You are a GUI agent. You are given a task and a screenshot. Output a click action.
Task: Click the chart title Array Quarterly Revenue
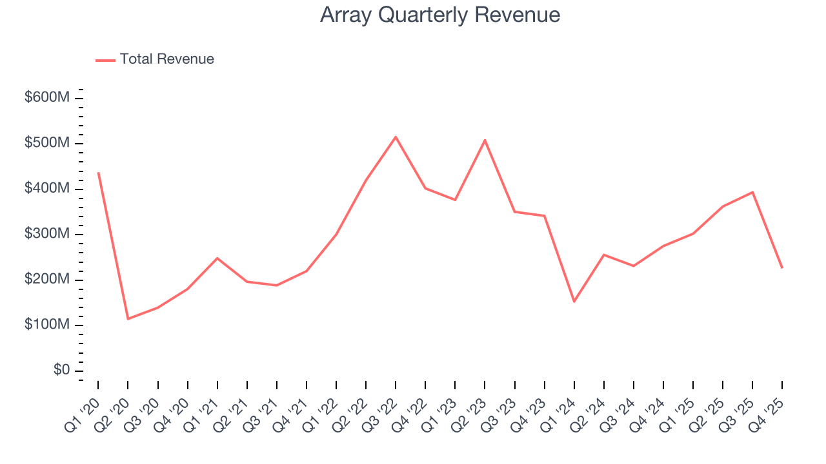440,15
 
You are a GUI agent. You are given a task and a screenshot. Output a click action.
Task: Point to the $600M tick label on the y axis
47,98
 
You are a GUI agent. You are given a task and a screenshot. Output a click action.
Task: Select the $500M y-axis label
47,143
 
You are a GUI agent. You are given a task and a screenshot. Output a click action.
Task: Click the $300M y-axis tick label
47,234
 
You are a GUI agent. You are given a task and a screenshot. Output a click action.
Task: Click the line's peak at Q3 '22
396,137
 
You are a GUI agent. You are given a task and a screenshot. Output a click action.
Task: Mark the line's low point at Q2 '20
128,319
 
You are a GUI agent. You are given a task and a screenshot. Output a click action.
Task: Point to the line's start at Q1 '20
98,173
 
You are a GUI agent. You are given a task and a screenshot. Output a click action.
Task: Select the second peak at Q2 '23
485,140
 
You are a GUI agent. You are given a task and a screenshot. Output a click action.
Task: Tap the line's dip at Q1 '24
574,302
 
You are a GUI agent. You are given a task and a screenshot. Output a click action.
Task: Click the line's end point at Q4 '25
782,267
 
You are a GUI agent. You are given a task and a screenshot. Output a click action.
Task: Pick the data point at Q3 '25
752,192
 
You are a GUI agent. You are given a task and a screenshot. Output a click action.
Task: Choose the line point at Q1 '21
217,258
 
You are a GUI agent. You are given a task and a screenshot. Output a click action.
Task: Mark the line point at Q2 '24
603,255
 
